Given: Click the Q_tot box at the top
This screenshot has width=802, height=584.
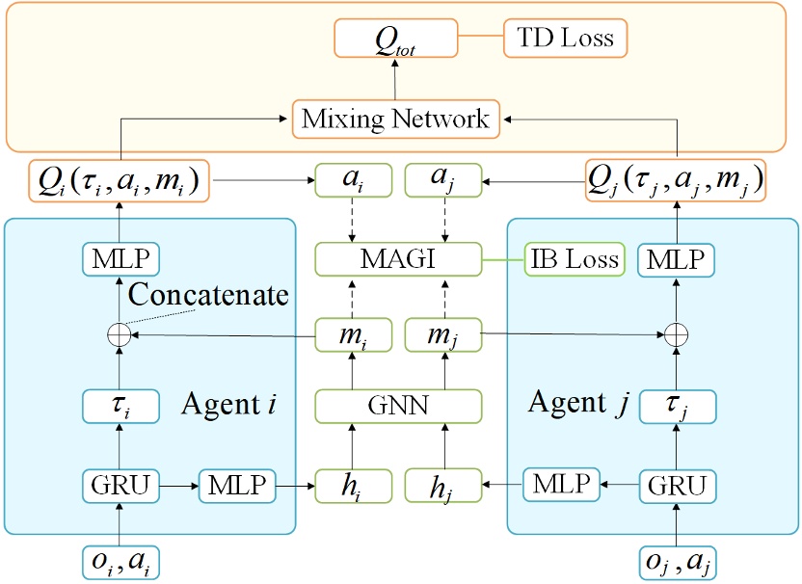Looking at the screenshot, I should click(x=395, y=40).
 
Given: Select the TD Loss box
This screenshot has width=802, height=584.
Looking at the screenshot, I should click(x=565, y=39).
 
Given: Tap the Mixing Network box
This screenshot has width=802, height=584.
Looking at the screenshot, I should click(x=395, y=119).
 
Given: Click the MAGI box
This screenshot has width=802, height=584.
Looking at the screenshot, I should click(x=397, y=258).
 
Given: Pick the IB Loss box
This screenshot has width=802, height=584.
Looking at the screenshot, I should click(x=574, y=258).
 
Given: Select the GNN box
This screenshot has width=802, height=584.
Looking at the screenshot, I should click(x=397, y=406).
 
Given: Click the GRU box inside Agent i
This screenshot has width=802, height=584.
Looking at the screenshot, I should click(x=120, y=485).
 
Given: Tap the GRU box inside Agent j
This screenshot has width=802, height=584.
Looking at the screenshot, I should click(x=679, y=485).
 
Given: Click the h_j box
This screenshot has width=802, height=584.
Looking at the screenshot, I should click(x=442, y=485).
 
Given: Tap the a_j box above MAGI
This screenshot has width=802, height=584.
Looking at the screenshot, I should click(x=442, y=180).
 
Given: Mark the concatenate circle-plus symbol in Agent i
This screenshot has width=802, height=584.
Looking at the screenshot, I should click(x=120, y=334).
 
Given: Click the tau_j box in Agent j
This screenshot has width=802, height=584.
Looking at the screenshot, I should click(x=679, y=407).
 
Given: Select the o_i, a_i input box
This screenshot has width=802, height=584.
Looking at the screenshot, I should click(x=120, y=561).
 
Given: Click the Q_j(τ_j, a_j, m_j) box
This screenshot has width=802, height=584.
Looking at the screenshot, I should click(x=676, y=180).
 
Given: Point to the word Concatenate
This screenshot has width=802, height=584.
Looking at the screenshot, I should click(x=208, y=295).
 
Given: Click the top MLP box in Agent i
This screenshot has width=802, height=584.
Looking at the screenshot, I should click(x=120, y=259).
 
